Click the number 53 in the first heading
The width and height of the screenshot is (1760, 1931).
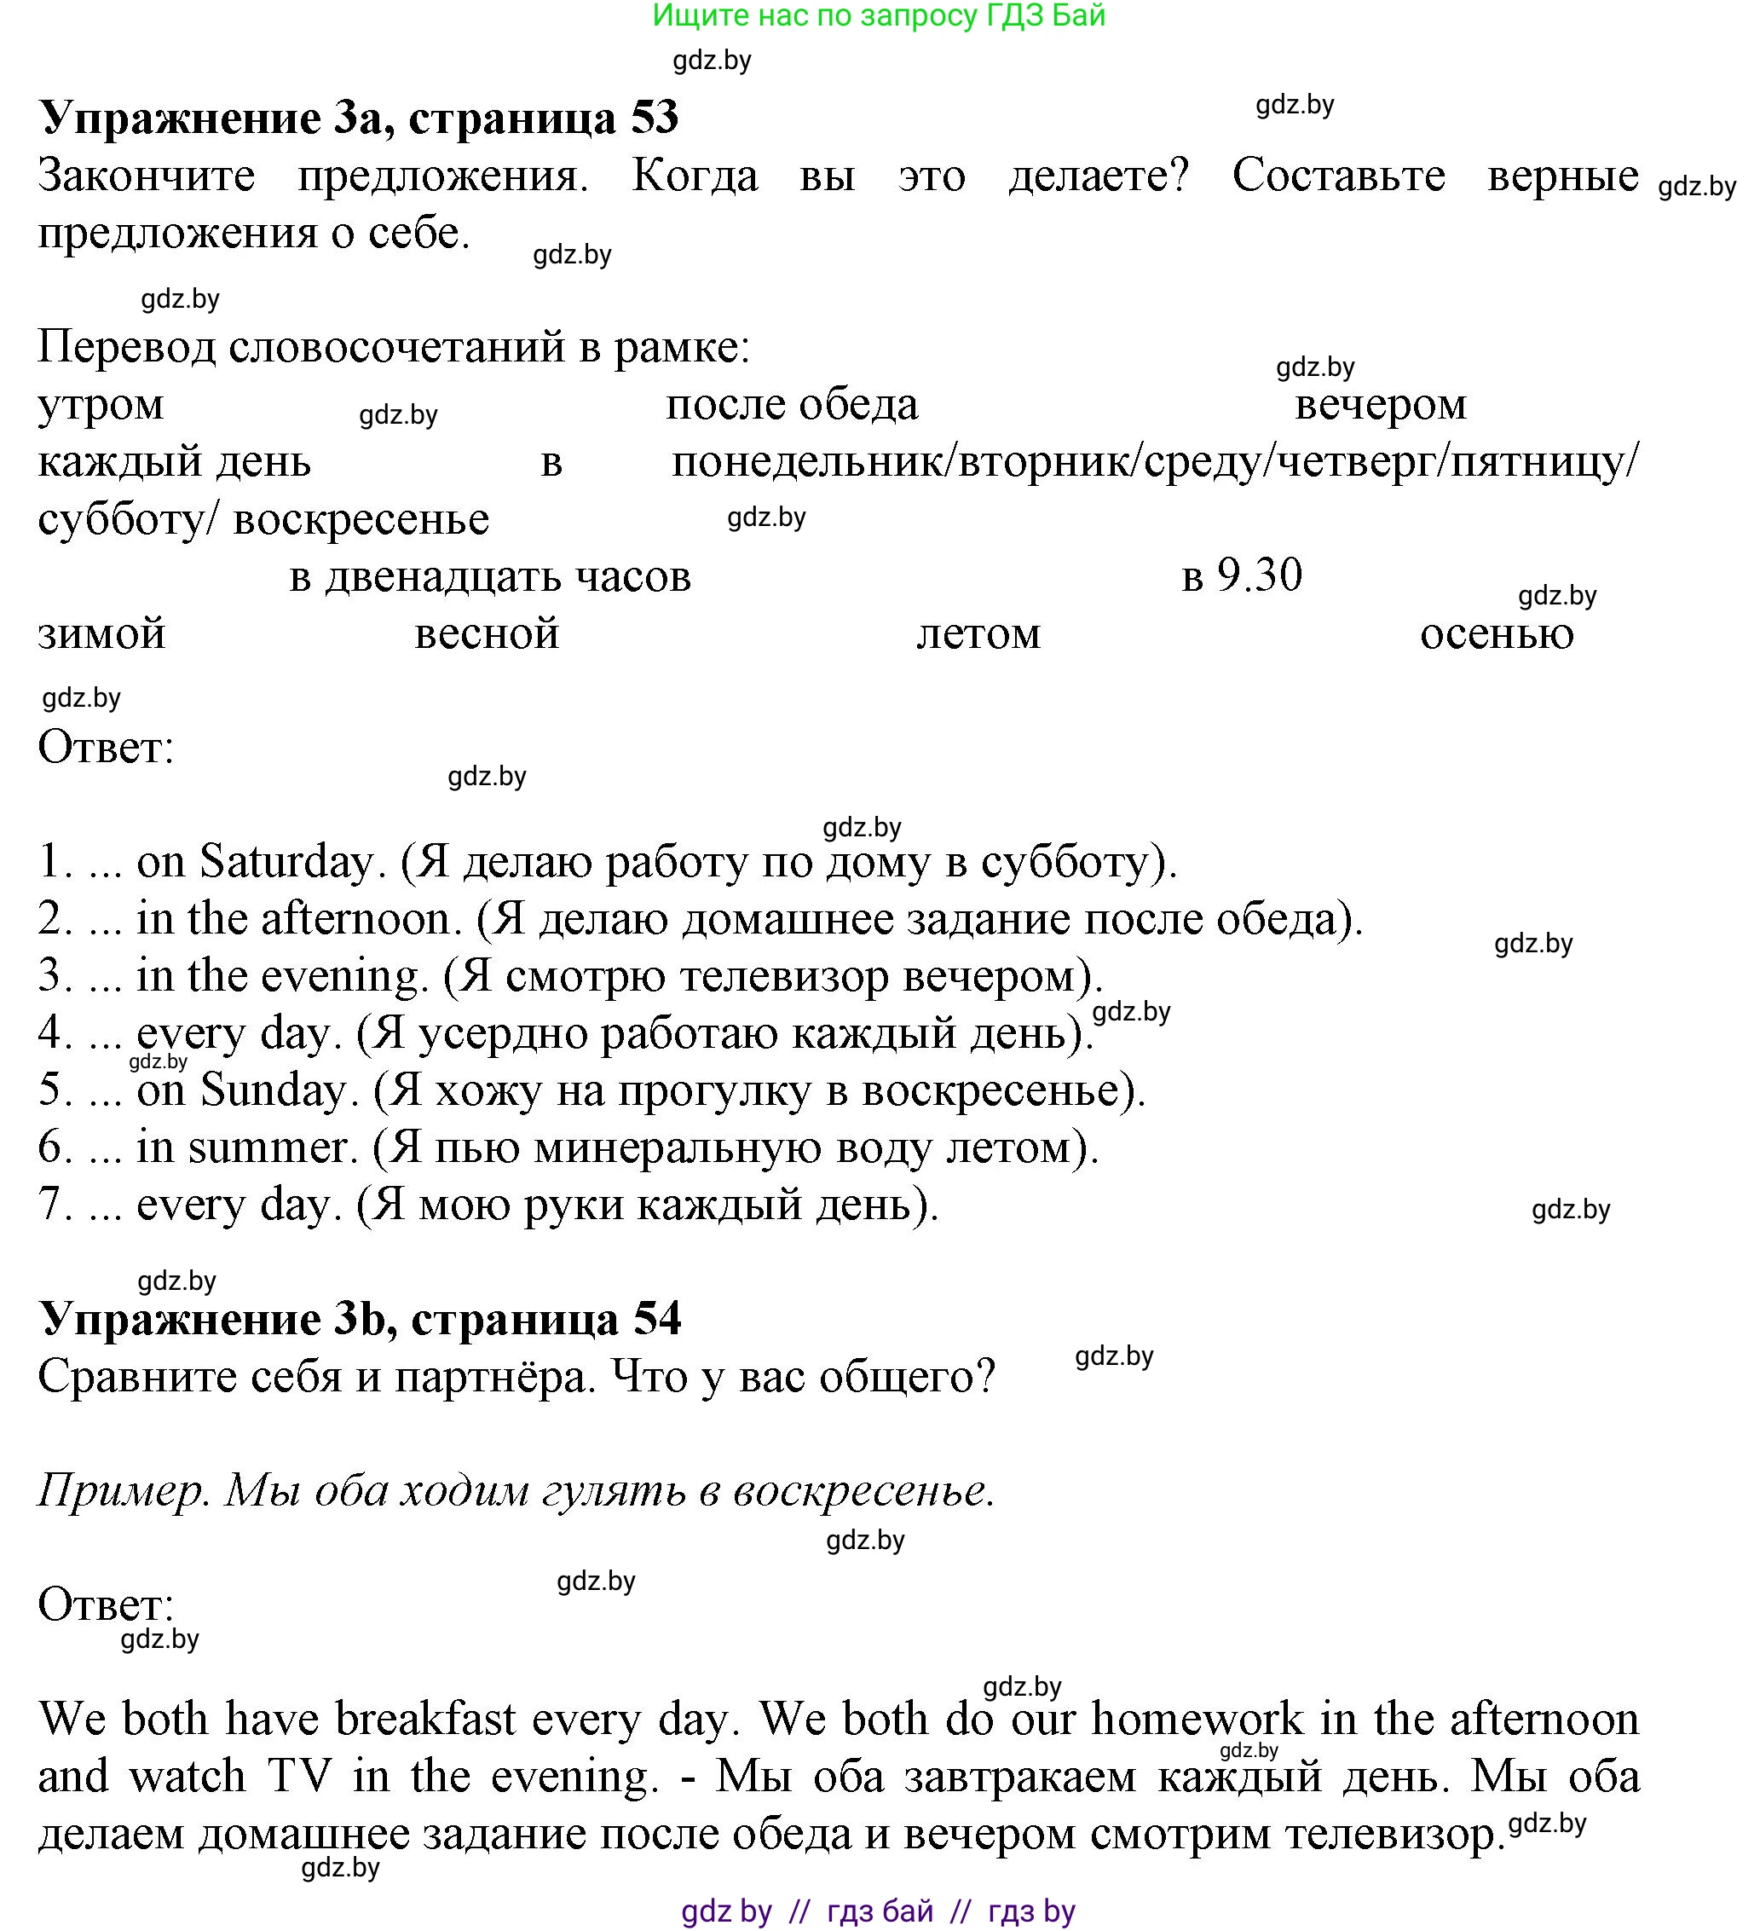[654, 118]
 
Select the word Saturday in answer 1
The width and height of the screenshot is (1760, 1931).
[285, 862]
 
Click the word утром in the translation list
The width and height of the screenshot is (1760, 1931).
[101, 405]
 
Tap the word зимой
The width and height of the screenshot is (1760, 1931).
[101, 634]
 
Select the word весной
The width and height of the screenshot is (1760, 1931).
[487, 634]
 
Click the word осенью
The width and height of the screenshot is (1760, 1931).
[1496, 634]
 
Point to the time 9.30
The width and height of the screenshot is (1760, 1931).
[1258, 575]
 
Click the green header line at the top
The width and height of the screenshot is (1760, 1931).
[878, 15]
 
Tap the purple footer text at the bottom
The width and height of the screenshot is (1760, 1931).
[878, 1911]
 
